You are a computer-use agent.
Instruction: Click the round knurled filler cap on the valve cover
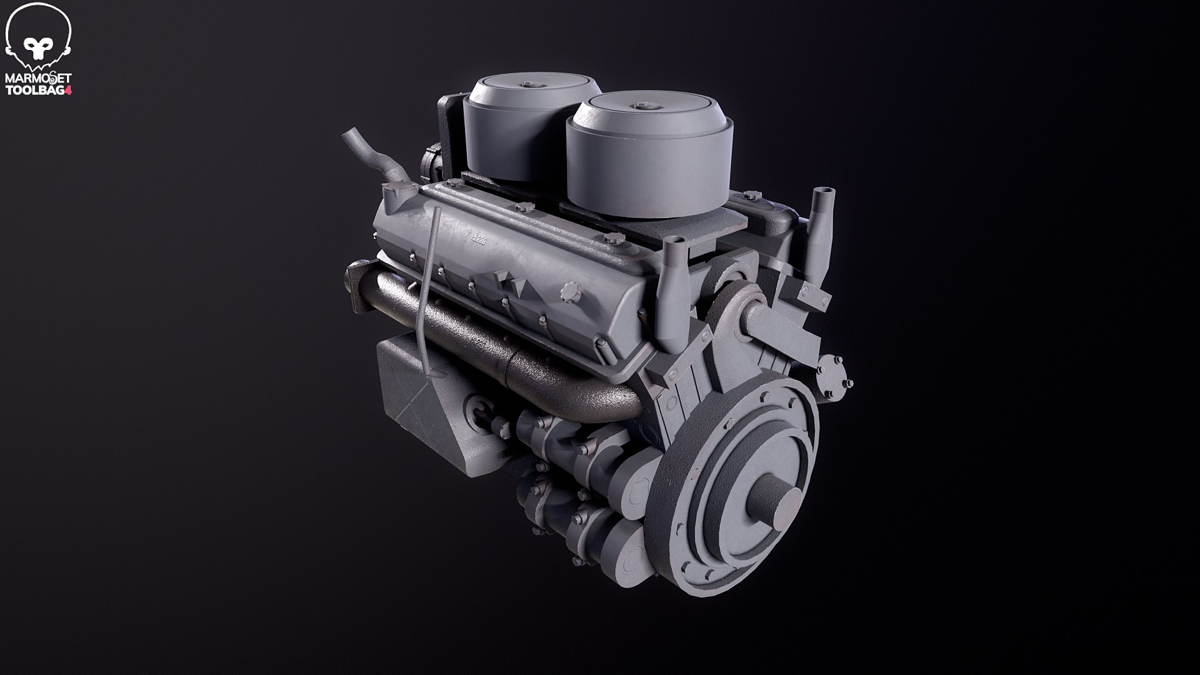569,291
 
